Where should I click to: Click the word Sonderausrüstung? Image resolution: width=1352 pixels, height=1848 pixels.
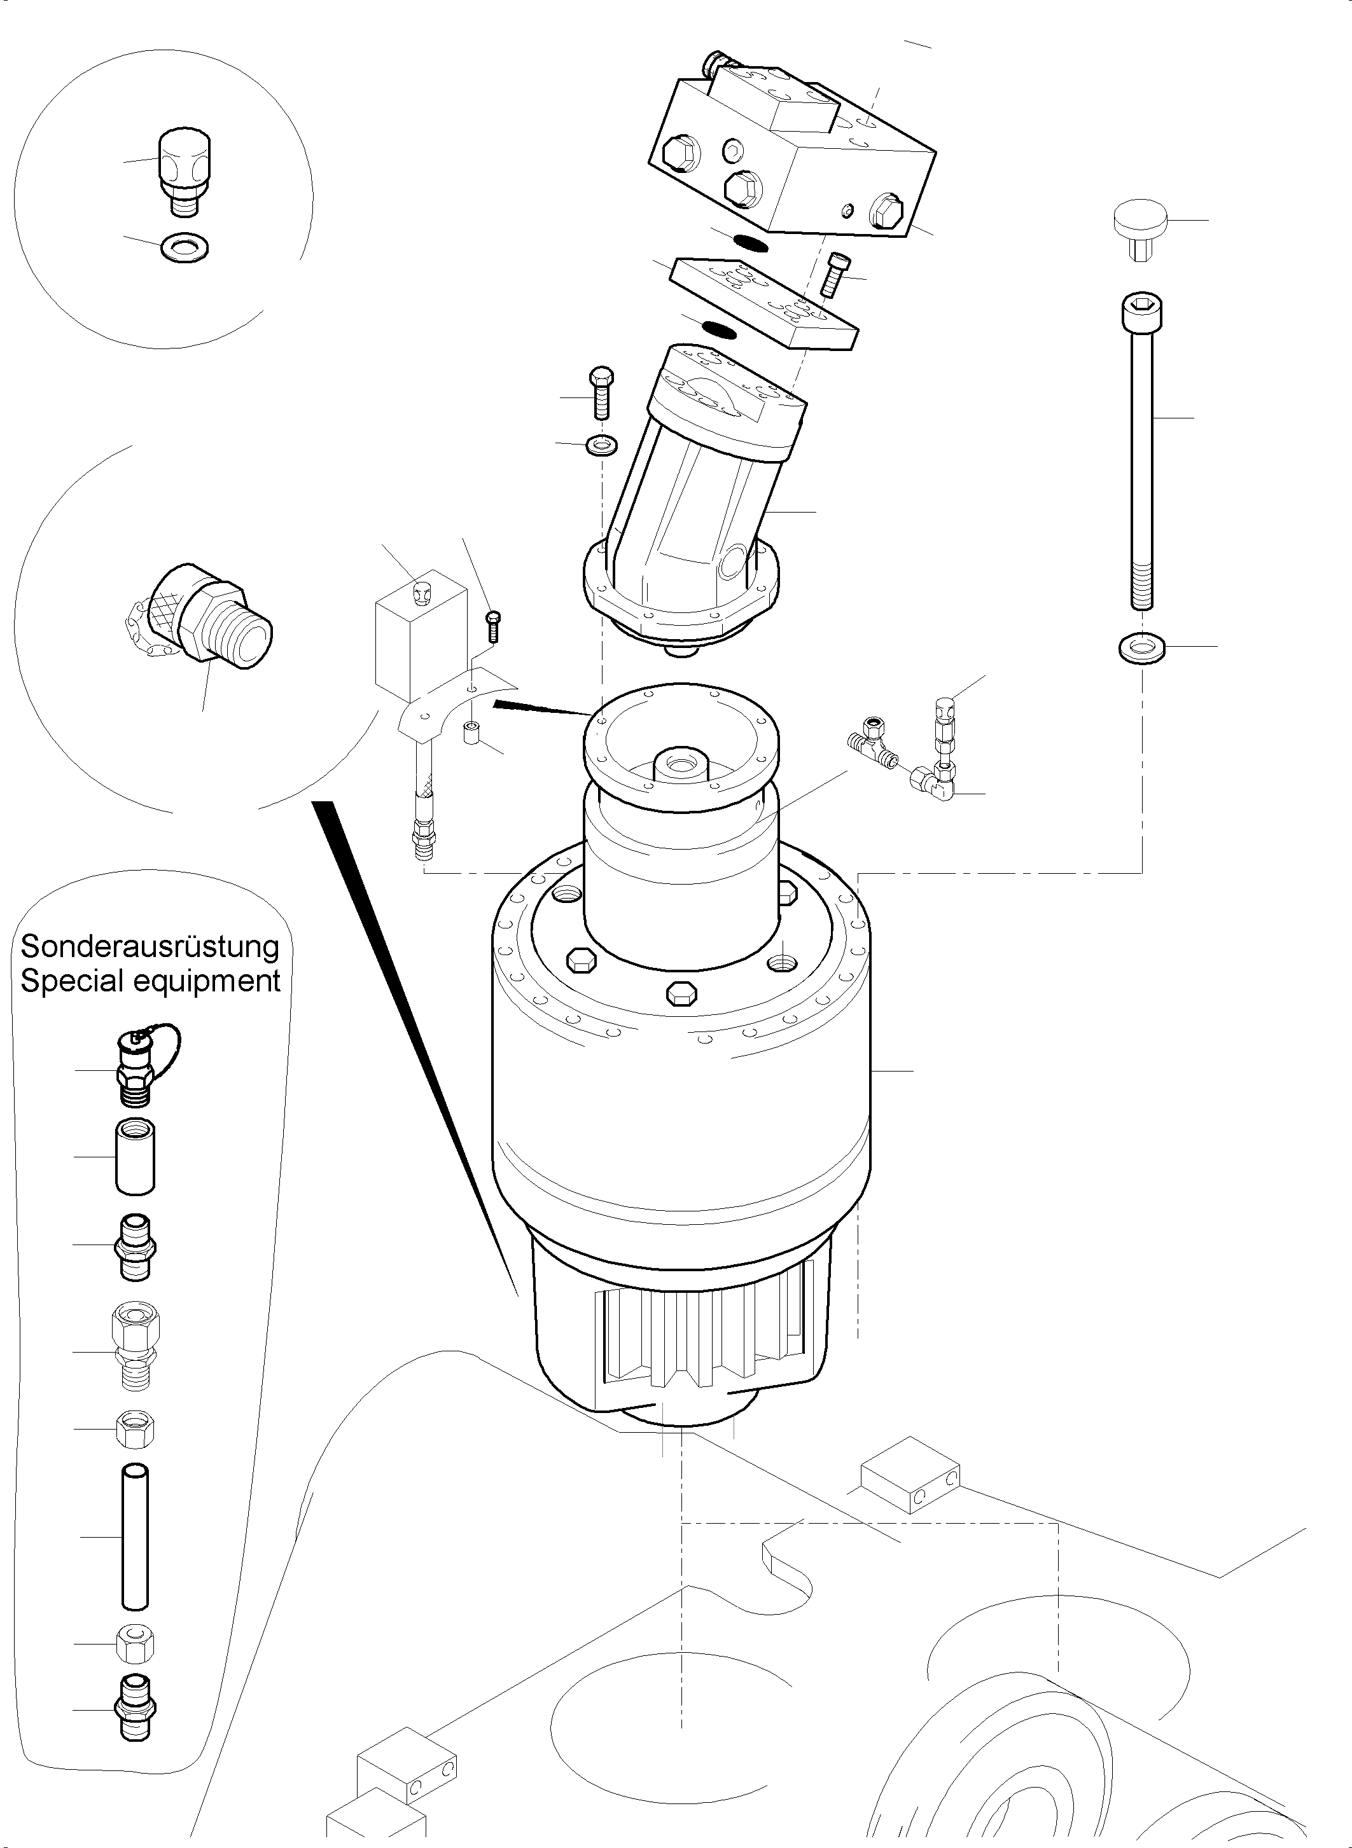[150, 946]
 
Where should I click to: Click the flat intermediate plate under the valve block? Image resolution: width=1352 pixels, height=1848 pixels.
[763, 302]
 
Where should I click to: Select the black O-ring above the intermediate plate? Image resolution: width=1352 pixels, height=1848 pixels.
[749, 240]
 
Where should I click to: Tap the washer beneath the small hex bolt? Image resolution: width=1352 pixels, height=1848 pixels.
[603, 446]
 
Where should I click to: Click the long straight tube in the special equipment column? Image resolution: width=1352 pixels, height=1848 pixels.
[135, 1537]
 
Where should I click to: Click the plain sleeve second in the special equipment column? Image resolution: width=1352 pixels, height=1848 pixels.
[135, 1156]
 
